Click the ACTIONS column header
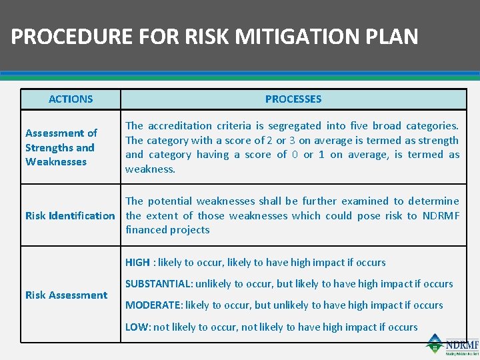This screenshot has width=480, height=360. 71,99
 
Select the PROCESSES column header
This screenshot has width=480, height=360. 293,99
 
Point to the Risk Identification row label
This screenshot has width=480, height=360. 70,215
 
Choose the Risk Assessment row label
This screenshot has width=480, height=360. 66,295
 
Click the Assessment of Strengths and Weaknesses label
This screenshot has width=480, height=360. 61,147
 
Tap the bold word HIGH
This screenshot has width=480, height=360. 137,263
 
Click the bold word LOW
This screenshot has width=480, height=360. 135,327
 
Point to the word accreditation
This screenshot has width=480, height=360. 177,125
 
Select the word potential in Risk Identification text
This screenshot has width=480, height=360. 168,201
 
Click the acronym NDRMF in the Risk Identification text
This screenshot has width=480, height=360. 441,215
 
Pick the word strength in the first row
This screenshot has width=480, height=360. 435,140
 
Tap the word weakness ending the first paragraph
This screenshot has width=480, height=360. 150,169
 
